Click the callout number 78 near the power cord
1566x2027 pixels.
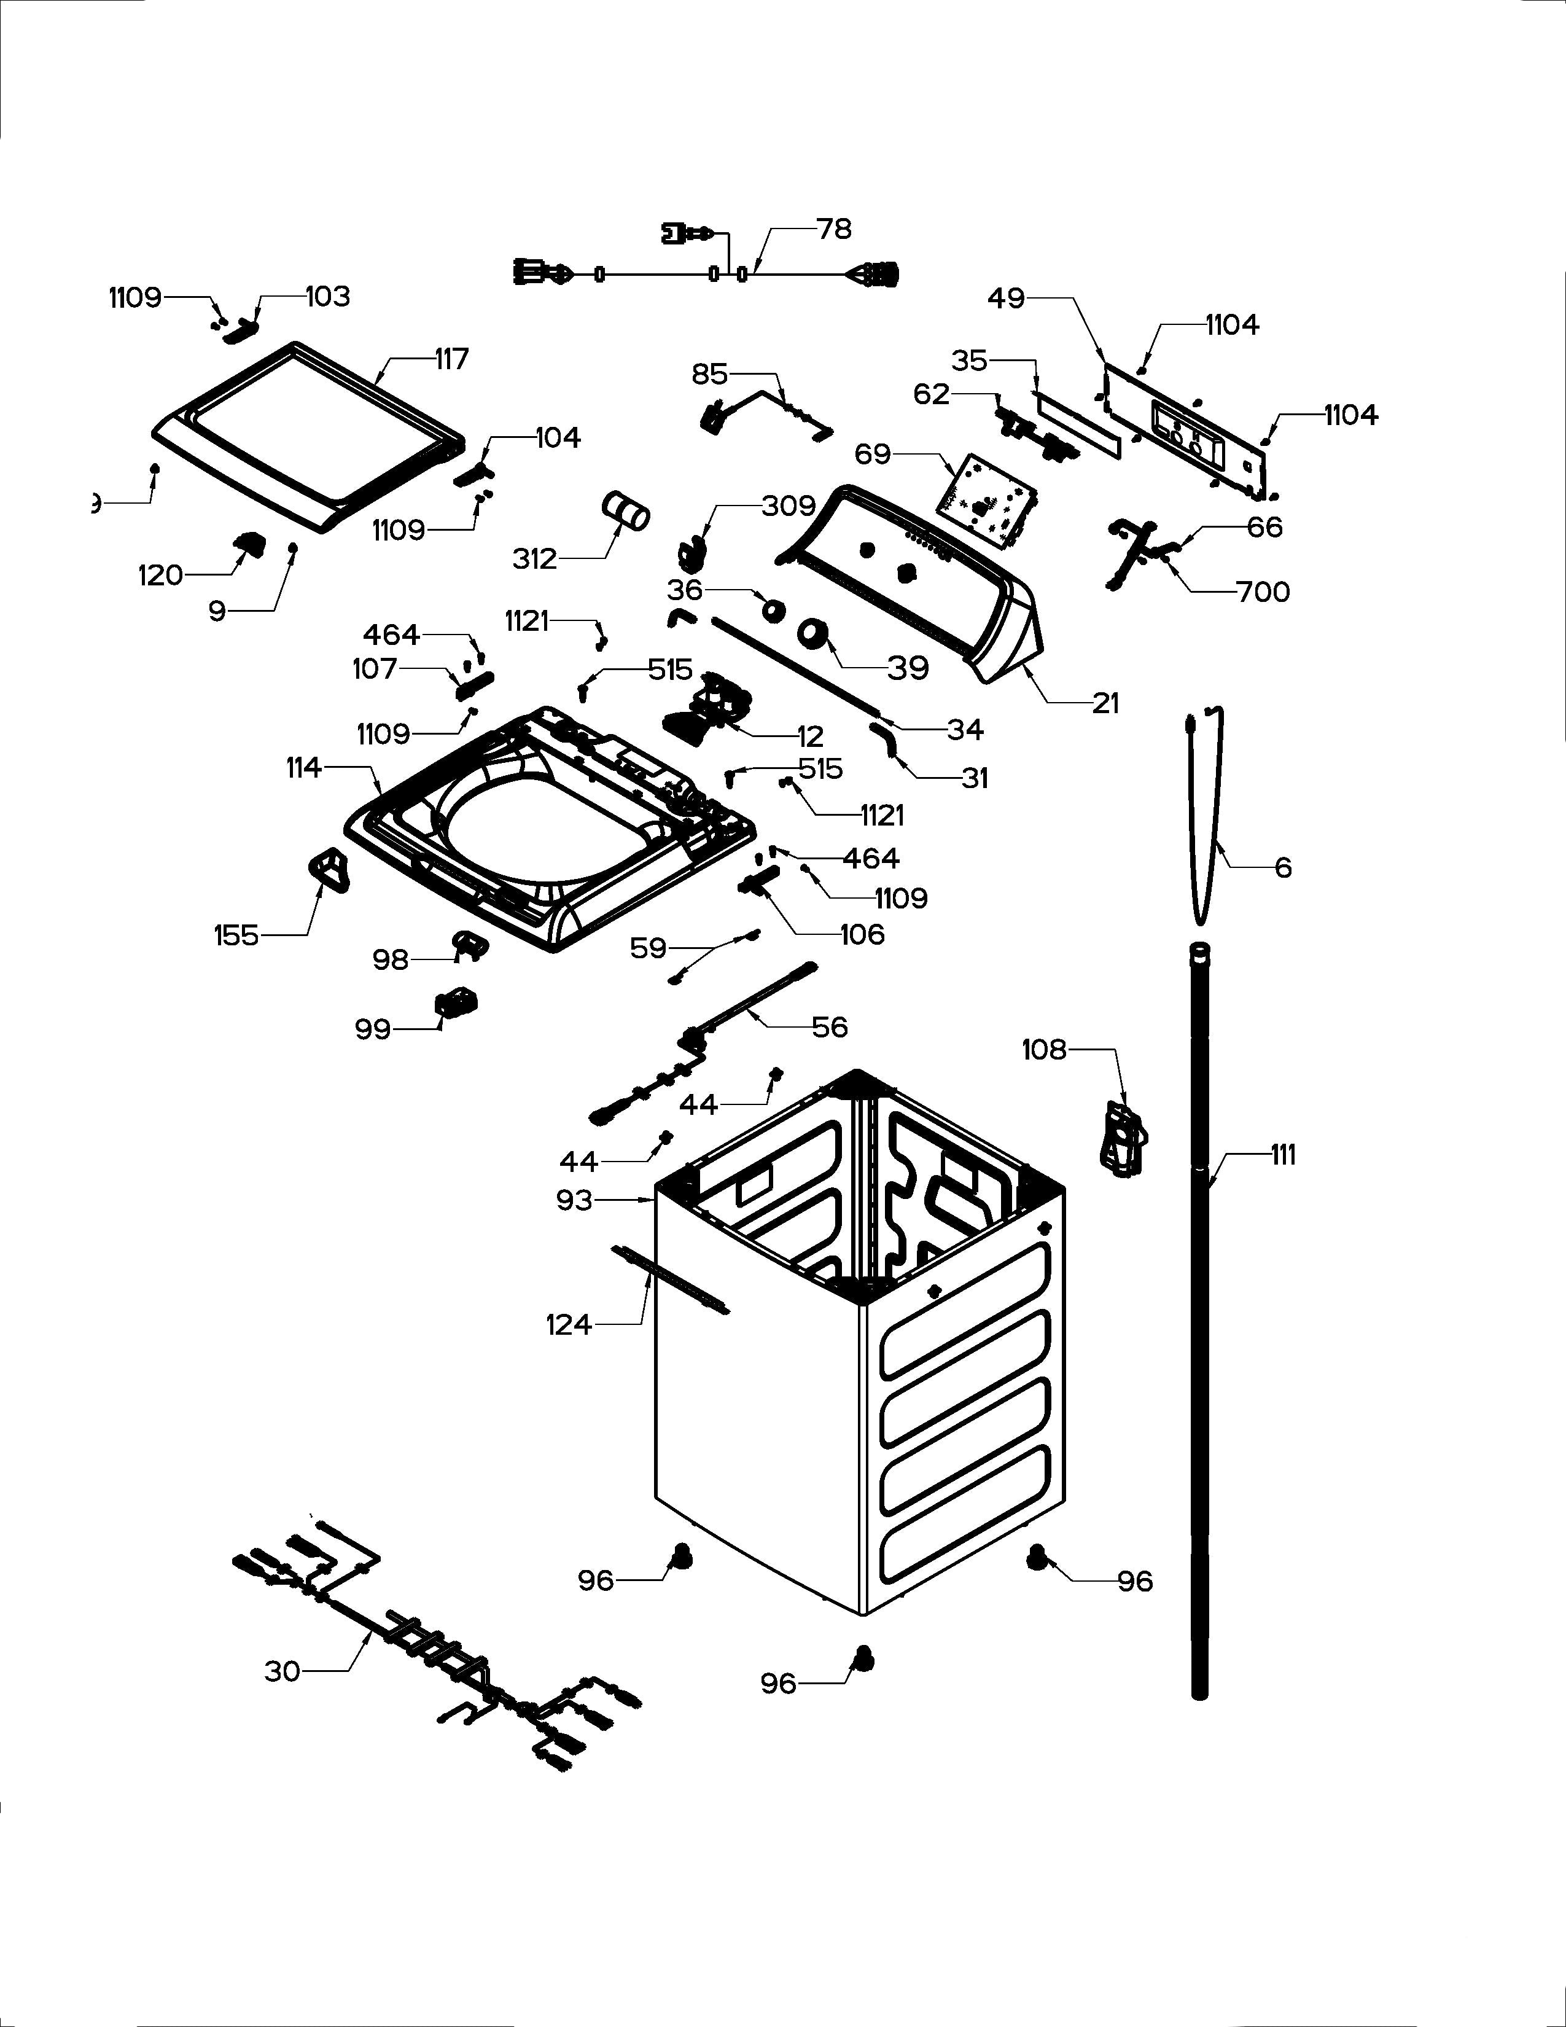(833, 228)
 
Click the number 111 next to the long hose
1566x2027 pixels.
(1283, 1155)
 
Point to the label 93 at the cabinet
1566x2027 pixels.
(574, 1200)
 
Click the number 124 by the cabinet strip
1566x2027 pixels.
(568, 1324)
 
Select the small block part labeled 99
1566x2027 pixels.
(456, 1002)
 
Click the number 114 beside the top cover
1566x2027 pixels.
(303, 768)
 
